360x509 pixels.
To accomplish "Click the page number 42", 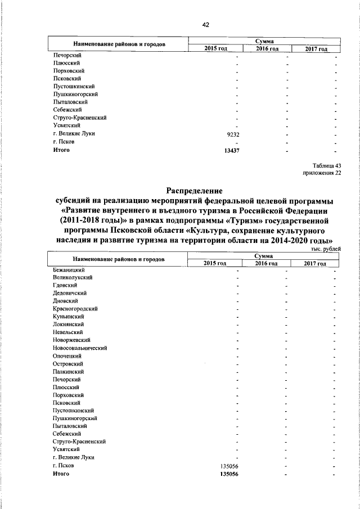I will click(x=205, y=25).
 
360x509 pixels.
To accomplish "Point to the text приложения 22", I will click(x=322, y=173).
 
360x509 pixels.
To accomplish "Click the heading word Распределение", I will click(x=194, y=190).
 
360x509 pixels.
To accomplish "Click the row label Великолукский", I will click(x=73, y=277).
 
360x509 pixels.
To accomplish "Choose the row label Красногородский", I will click(x=76, y=309).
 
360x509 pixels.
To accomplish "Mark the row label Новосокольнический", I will click(x=80, y=348).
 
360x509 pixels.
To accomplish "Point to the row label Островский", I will click(x=67, y=364).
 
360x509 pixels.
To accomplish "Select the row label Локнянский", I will click(x=68, y=325).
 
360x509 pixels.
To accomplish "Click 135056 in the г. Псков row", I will click(x=230, y=466).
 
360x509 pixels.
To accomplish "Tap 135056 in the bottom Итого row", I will click(x=230, y=474).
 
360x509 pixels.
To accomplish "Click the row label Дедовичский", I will click(x=70, y=293).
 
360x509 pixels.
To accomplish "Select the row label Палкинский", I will click(x=68, y=372).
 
